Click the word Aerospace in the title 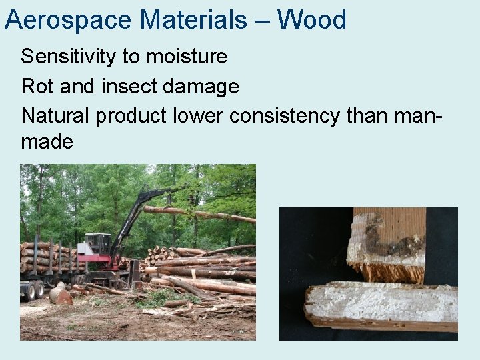[x=69, y=20]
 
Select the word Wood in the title [x=312, y=20]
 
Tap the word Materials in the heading [x=193, y=20]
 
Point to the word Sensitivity [x=69, y=57]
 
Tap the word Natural [x=56, y=115]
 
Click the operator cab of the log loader [x=97, y=244]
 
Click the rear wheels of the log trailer [x=33, y=289]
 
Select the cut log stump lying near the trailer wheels [x=61, y=295]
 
